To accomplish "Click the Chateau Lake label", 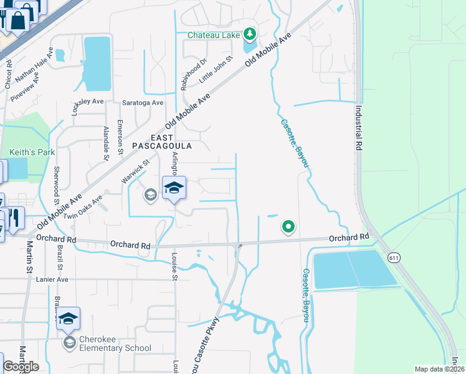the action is click(x=214, y=35).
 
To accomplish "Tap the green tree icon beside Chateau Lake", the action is click(x=250, y=33).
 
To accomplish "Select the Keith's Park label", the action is click(x=32, y=152).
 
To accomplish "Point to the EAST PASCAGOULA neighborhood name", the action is click(x=161, y=141).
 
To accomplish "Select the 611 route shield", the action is click(x=393, y=257).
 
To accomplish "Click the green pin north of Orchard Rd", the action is click(x=288, y=227).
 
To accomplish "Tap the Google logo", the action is click(x=21, y=367).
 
